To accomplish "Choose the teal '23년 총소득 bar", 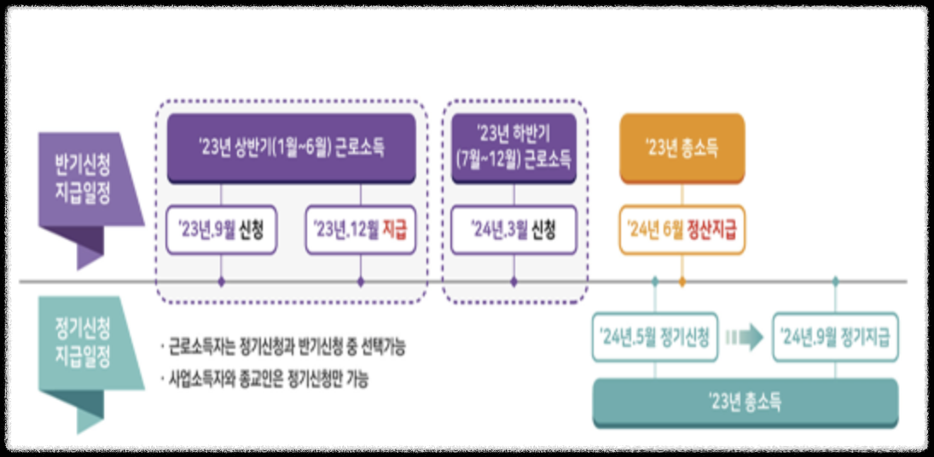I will [x=745, y=402].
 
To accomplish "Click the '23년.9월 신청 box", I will [x=221, y=229].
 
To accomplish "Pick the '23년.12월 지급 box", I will [x=360, y=229].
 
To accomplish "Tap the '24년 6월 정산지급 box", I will [x=682, y=229].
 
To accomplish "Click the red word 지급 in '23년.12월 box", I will [x=392, y=229].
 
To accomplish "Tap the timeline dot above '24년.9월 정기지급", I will [x=835, y=281].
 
